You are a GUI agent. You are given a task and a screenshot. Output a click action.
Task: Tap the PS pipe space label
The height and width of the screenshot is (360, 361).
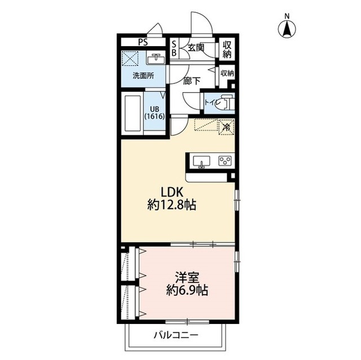click(143, 42)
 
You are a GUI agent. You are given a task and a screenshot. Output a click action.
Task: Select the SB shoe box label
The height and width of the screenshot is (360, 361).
click(174, 48)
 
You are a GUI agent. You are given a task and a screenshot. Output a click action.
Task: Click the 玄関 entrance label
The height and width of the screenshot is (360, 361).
click(196, 48)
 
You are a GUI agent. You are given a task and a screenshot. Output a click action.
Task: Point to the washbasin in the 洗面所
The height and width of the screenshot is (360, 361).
click(156, 59)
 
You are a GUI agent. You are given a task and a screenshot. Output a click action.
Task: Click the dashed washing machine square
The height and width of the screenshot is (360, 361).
click(130, 58)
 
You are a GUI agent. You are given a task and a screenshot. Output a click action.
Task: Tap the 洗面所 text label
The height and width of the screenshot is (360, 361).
click(143, 75)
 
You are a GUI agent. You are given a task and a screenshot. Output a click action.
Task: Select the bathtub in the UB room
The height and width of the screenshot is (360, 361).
click(133, 114)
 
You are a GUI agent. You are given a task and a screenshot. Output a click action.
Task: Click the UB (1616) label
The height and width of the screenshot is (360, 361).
click(155, 113)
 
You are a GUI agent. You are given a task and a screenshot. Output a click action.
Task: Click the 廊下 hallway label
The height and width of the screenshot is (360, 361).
click(192, 81)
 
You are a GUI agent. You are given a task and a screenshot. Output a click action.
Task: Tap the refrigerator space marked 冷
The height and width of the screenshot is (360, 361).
click(227, 127)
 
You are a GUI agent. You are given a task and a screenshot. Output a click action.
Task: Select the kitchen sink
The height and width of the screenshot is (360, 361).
click(201, 162)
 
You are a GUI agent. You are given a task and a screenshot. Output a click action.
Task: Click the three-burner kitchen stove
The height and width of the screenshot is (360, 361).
click(225, 161)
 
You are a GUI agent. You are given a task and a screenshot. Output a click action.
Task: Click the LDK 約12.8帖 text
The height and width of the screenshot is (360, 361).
click(171, 199)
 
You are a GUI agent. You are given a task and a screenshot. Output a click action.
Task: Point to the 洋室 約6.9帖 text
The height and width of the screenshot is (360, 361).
click(187, 284)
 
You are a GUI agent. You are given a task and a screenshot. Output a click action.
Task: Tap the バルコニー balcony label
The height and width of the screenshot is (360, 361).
click(176, 335)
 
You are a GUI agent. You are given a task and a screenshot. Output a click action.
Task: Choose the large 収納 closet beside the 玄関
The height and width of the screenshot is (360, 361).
click(227, 49)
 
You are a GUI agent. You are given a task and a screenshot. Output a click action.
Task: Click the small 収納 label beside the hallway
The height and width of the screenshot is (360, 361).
click(227, 73)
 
